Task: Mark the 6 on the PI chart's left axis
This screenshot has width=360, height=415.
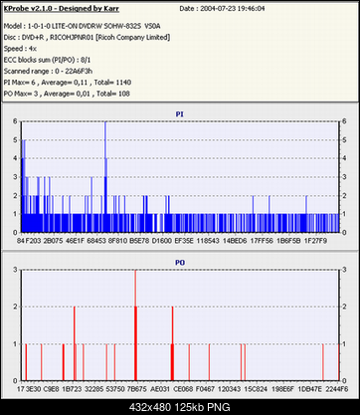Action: click(13, 122)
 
